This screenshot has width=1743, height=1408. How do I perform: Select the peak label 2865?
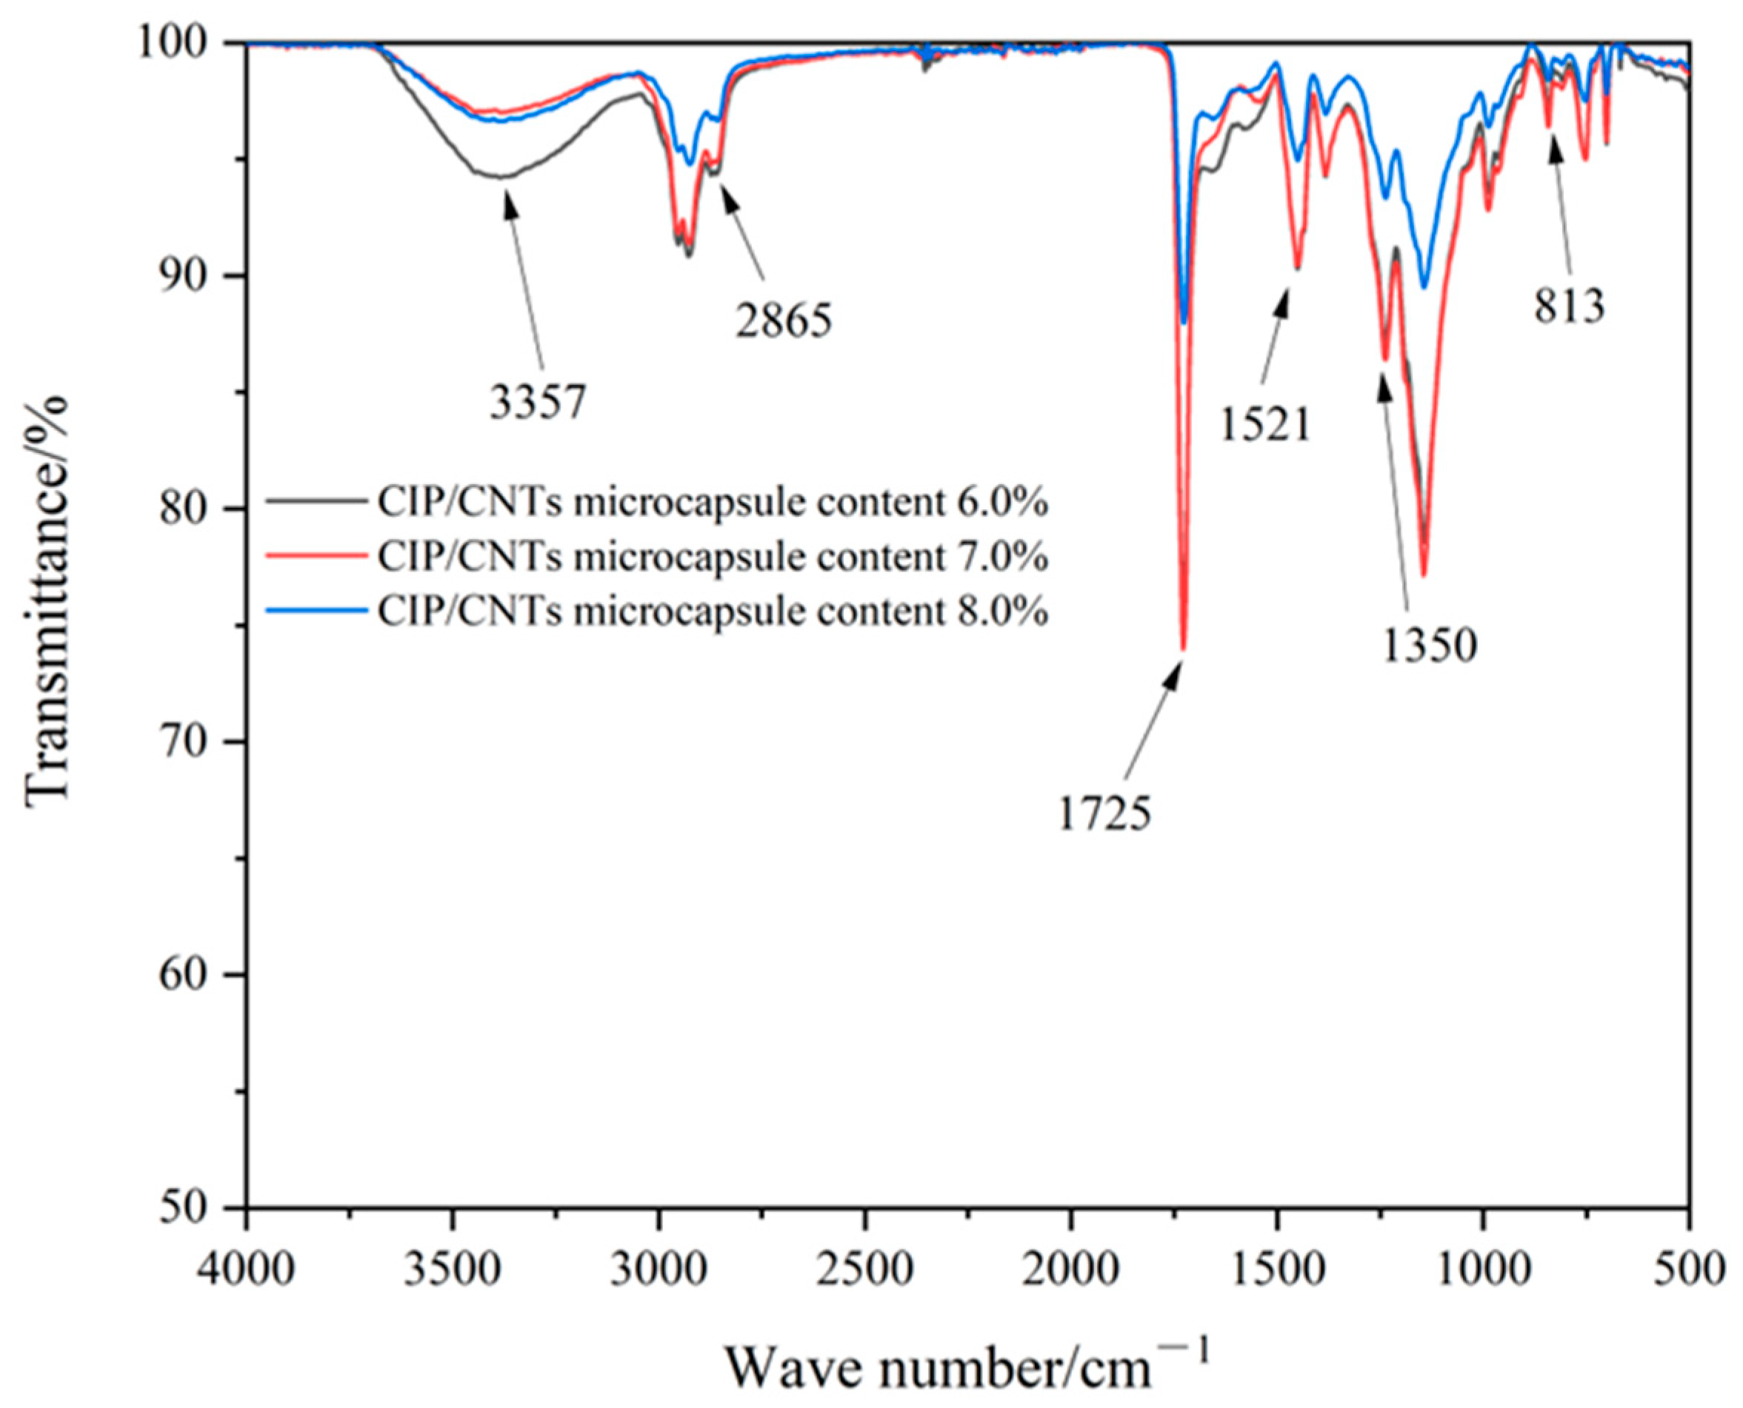pyautogui.click(x=783, y=321)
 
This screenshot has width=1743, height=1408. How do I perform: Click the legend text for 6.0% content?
pyautogui.click(x=713, y=503)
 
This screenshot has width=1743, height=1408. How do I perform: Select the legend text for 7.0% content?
pyautogui.click(x=713, y=557)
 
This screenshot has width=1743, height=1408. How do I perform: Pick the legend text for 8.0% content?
pyautogui.click(x=713, y=611)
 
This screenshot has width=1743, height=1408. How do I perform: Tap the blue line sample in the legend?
pyautogui.click(x=316, y=611)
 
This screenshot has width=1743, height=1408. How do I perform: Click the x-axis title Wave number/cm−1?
pyautogui.click(x=966, y=1362)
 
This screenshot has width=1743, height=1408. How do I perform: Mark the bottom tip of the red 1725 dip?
pyautogui.click(x=1183, y=648)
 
